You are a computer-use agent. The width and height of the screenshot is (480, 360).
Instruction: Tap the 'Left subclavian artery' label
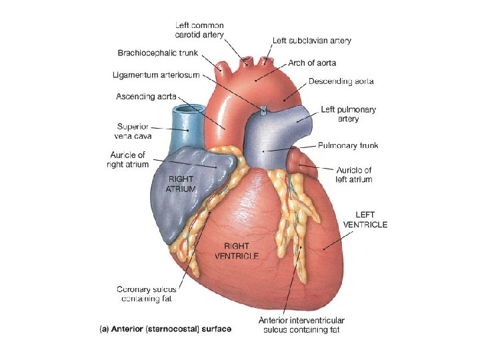coord(312,41)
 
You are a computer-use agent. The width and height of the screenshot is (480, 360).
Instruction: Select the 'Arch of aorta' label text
coord(312,63)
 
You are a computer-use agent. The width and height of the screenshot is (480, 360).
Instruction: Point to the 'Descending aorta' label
coord(341,81)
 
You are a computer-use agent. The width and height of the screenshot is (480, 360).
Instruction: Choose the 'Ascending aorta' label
coord(146,97)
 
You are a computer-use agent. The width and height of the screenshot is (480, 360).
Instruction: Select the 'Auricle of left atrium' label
coord(354,175)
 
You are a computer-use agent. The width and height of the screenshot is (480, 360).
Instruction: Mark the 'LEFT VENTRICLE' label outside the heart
coord(365,219)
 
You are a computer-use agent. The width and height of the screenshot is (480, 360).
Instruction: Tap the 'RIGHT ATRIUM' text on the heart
coord(182,184)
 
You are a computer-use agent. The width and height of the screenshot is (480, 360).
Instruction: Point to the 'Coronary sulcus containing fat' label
coord(145,294)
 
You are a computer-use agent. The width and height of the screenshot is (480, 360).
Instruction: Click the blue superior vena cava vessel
coord(184,127)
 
